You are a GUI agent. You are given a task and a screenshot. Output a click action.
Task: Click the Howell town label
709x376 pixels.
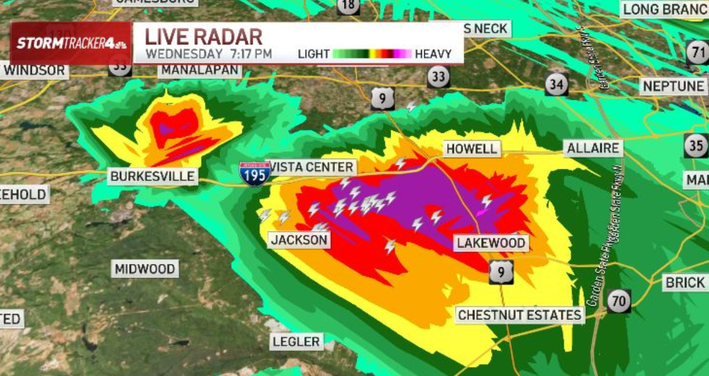pyautogui.click(x=472, y=148)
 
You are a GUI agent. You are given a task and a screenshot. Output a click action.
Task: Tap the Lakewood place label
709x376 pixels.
pyautogui.click(x=490, y=243)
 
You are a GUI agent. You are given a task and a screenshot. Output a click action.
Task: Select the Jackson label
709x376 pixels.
pyautogui.click(x=299, y=240)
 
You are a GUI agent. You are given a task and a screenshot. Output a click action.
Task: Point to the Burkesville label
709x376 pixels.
pyautogui.click(x=152, y=176)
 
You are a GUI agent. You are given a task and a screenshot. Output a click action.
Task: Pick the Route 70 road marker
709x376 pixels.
pyautogui.click(x=619, y=301)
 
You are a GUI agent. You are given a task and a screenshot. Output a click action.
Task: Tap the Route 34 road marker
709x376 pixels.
pyautogui.click(x=556, y=84)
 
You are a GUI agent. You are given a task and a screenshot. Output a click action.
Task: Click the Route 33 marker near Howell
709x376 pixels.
pyautogui.click(x=438, y=76)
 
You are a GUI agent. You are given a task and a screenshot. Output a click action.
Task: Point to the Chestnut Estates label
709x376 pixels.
pyautogui.click(x=520, y=315)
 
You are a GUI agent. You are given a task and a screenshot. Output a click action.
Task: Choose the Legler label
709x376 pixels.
pyautogui.click(x=297, y=341)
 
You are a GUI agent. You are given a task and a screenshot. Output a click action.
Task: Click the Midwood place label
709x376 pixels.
pyautogui.click(x=145, y=269)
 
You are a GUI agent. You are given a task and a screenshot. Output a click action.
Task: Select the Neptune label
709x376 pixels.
pyautogui.click(x=673, y=86)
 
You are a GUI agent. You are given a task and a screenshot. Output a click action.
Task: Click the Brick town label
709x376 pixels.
pyautogui.click(x=685, y=282)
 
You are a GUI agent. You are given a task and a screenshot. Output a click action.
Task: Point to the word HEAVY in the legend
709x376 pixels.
pyautogui.click(x=433, y=54)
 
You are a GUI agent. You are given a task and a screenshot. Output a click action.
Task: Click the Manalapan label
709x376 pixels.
pyautogui.click(x=200, y=71)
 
